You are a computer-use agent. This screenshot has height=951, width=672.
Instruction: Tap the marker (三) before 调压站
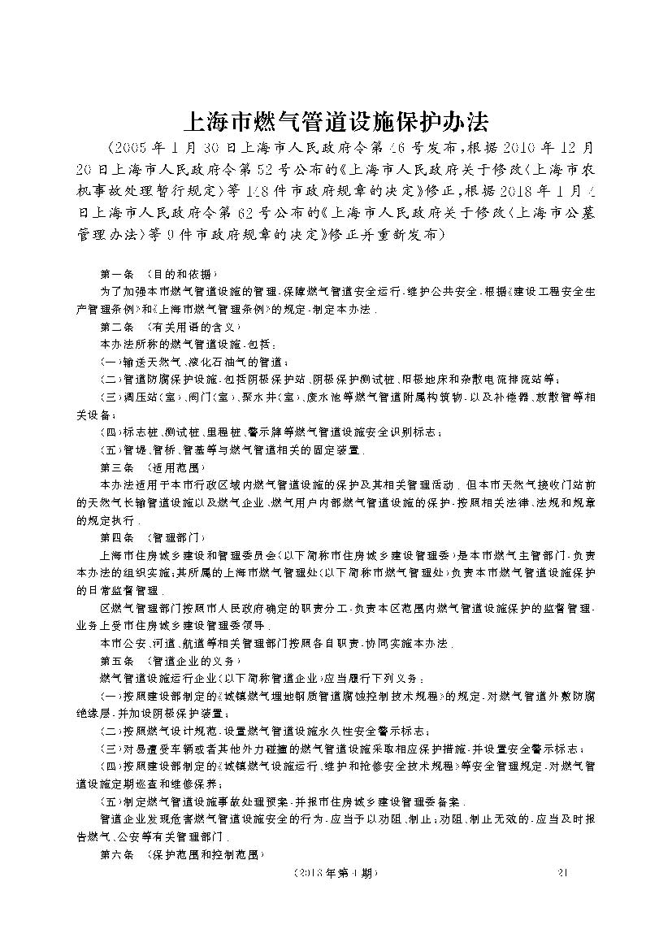pos(109,397)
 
